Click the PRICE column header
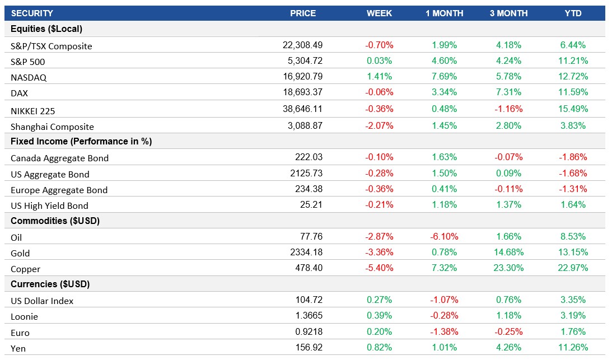[302, 13]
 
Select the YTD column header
[573, 13]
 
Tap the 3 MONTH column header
[508, 13]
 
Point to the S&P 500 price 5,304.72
[302, 60]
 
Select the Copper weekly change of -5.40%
[379, 268]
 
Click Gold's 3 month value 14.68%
[508, 253]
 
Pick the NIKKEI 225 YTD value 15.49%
[573, 109]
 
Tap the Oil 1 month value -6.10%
[444, 236]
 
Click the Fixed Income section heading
[81, 142]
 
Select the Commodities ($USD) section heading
[55, 221]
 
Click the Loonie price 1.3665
[307, 316]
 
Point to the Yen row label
[18, 349]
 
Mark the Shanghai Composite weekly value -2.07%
[379, 126]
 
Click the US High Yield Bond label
[49, 205]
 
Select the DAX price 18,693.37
[302, 92]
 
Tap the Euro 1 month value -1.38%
[444, 332]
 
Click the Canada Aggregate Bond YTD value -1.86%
[573, 157]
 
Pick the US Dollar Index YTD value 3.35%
[573, 300]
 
